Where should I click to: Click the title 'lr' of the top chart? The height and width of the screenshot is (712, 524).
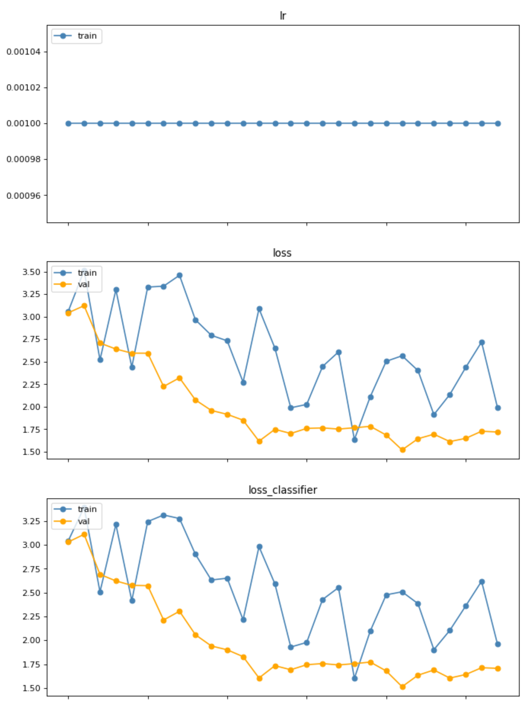(x=283, y=16)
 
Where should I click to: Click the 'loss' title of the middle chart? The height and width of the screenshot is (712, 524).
(x=282, y=253)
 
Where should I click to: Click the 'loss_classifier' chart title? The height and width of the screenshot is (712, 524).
(x=283, y=490)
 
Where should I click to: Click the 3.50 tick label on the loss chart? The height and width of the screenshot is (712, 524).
(x=31, y=272)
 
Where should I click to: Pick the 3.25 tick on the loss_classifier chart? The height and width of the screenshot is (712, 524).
(x=31, y=521)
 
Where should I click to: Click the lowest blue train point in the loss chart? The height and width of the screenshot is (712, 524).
(x=354, y=440)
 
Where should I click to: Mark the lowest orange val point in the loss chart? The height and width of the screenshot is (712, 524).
(x=403, y=450)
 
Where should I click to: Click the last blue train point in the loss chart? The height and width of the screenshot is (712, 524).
(x=498, y=408)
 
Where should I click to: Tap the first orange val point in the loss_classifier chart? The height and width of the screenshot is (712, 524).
(x=69, y=542)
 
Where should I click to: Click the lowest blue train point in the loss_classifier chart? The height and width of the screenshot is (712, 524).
(x=354, y=678)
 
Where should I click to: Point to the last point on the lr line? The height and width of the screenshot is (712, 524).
(x=498, y=123)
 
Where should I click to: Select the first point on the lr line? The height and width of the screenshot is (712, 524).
(x=69, y=123)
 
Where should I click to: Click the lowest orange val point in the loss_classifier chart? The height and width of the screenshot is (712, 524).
(x=403, y=687)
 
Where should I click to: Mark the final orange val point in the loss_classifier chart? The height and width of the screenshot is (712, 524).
(x=498, y=668)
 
